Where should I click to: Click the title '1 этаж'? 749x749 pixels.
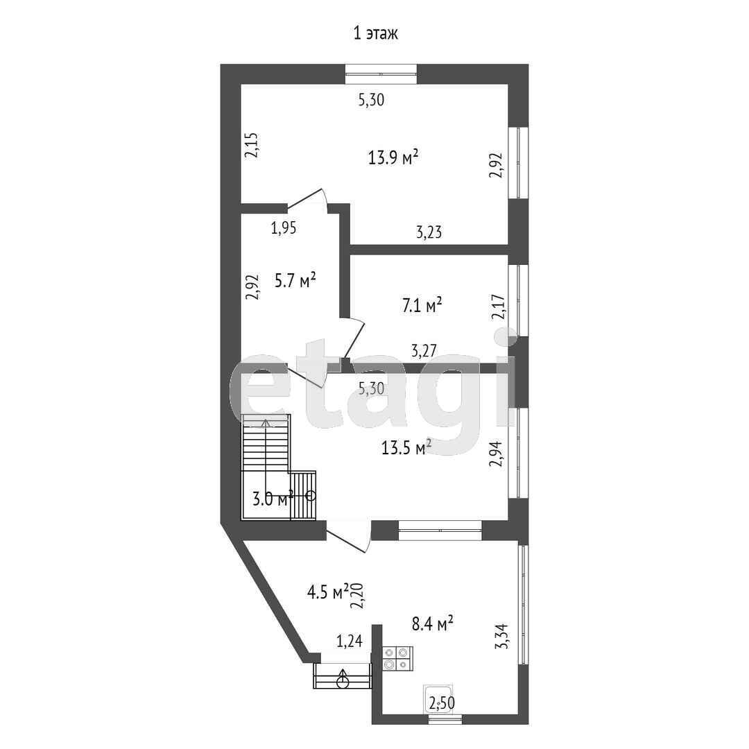(375, 34)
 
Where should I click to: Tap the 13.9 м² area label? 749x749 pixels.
(394, 157)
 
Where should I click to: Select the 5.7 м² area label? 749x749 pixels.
(295, 280)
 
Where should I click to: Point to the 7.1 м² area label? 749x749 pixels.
(422, 305)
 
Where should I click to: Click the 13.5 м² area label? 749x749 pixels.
(406, 447)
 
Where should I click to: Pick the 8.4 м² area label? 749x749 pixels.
(432, 623)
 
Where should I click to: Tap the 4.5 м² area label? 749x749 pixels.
(329, 592)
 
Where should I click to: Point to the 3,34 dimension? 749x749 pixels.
(503, 636)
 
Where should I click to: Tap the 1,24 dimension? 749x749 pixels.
(350, 641)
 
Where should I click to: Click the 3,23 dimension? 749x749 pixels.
(429, 232)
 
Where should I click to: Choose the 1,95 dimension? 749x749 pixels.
(284, 228)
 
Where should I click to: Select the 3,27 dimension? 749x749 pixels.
(424, 351)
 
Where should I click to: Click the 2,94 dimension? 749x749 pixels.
(497, 454)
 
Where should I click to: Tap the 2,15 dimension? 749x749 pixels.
(251, 145)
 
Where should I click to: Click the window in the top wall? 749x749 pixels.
(381, 74)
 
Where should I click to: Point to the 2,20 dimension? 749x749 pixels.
(357, 596)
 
